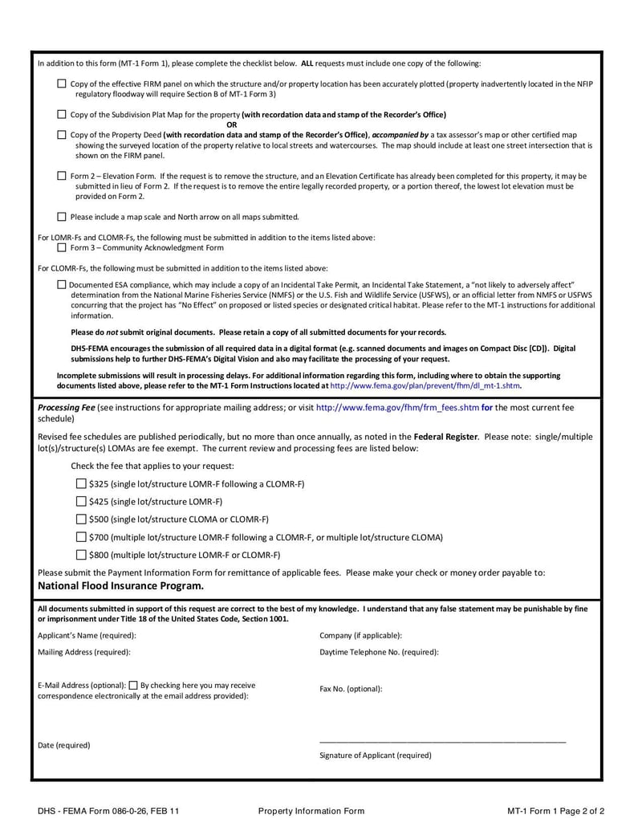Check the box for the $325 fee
coord(81,484)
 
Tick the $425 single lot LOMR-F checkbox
coord(81,502)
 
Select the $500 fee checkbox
coord(81,519)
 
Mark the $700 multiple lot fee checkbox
coord(81,537)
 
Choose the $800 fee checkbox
coord(81,555)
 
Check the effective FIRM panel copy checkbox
coord(63,84)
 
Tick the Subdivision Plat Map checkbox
coord(63,115)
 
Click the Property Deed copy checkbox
coord(63,135)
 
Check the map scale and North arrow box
coord(63,216)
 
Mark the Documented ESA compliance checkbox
coord(63,284)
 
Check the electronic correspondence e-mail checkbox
coord(133,686)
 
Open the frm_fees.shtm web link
coord(397,408)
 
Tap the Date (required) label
coord(64,745)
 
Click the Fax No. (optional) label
coord(351,689)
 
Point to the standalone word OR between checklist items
coord(232,124)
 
